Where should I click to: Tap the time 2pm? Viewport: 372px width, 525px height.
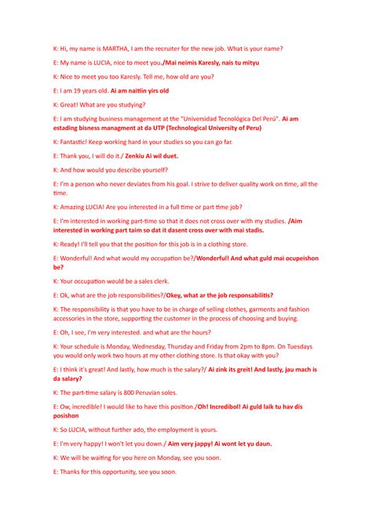(x=250, y=346)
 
